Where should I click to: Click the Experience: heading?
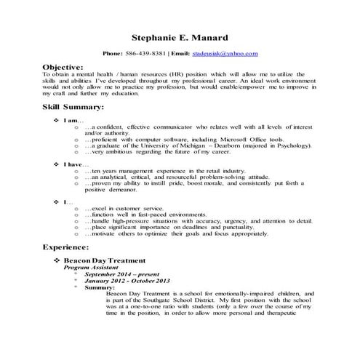70,248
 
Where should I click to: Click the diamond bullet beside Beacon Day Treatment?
57,260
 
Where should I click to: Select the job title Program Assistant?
90,268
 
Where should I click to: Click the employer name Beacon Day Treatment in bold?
105,260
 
